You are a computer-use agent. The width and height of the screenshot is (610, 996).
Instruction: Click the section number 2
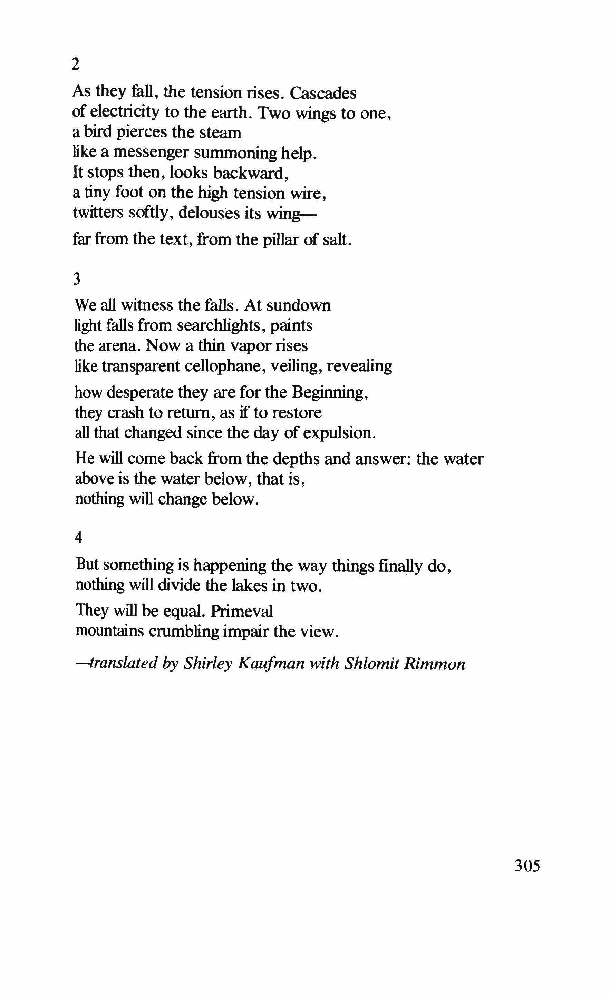tap(76, 65)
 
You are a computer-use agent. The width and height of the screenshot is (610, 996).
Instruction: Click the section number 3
tap(77, 280)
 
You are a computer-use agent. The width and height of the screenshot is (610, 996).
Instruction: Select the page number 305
tap(527, 867)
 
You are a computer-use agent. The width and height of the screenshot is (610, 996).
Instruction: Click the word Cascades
tap(323, 94)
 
